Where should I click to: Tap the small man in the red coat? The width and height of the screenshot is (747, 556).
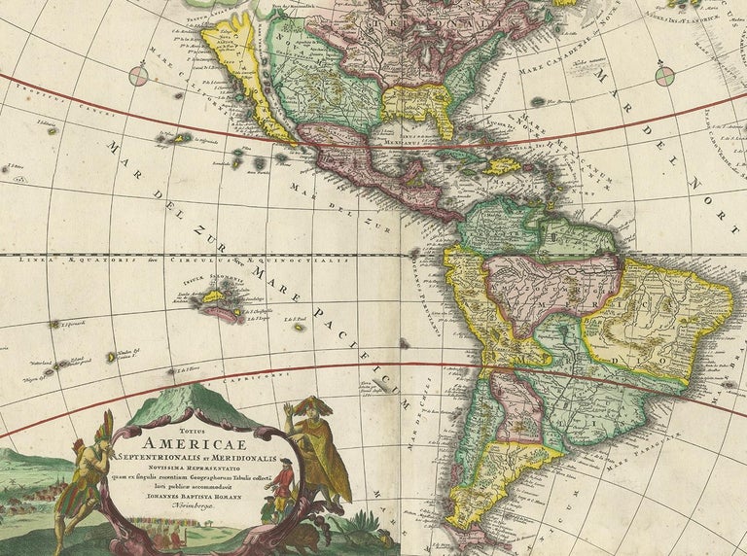pos(280,487)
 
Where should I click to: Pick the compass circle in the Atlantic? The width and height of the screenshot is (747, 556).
pos(664,74)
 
